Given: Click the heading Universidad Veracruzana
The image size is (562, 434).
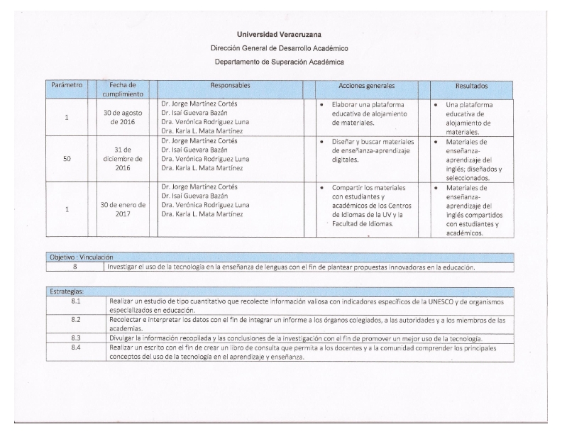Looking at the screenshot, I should click(x=279, y=35).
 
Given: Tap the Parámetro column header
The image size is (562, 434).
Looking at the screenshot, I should click(x=67, y=86).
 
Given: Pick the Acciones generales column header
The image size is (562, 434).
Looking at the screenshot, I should click(x=366, y=86).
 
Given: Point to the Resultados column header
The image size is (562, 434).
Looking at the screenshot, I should click(x=470, y=86).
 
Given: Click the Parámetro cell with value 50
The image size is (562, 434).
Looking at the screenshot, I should click(x=67, y=159).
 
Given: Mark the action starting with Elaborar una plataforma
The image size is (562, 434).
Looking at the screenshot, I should click(x=366, y=113).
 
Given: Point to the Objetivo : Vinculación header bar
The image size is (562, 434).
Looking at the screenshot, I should click(x=79, y=257).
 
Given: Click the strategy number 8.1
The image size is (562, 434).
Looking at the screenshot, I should click(x=75, y=301).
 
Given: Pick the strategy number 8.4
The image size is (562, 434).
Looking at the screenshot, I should click(x=75, y=348).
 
